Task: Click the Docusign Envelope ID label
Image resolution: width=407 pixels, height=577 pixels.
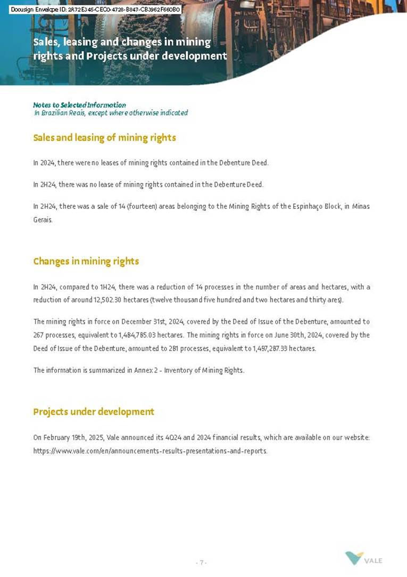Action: [96, 9]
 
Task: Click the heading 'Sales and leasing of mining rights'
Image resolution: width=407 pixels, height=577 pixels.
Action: [104, 137]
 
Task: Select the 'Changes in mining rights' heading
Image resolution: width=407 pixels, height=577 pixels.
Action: [86, 261]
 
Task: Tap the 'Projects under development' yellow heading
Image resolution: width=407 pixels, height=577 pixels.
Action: [94, 411]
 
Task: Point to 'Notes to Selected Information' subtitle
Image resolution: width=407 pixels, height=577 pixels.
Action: [79, 105]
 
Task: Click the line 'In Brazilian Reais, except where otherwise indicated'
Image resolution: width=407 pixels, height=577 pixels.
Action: [111, 113]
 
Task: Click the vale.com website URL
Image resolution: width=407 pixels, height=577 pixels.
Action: [150, 451]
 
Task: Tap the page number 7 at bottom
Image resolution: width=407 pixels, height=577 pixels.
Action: [202, 563]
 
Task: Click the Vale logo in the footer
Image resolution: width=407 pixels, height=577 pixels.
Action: [363, 559]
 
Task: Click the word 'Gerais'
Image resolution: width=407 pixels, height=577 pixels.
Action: [42, 220]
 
